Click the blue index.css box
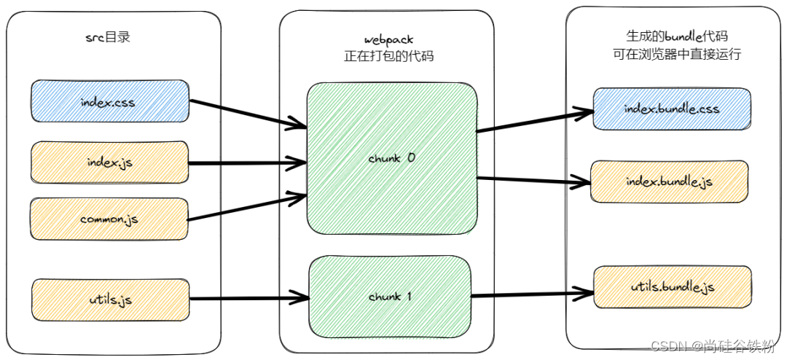(x=109, y=102)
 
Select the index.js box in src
(x=109, y=162)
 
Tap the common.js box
(x=109, y=219)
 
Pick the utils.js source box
(x=110, y=299)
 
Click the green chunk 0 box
(x=392, y=158)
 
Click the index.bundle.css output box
(x=672, y=109)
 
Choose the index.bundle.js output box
(x=669, y=181)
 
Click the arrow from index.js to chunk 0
(x=248, y=162)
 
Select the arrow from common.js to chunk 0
(x=248, y=206)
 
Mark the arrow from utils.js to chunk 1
(x=248, y=298)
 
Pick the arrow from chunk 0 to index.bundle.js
(x=536, y=181)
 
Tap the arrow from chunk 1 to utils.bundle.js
(x=532, y=294)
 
